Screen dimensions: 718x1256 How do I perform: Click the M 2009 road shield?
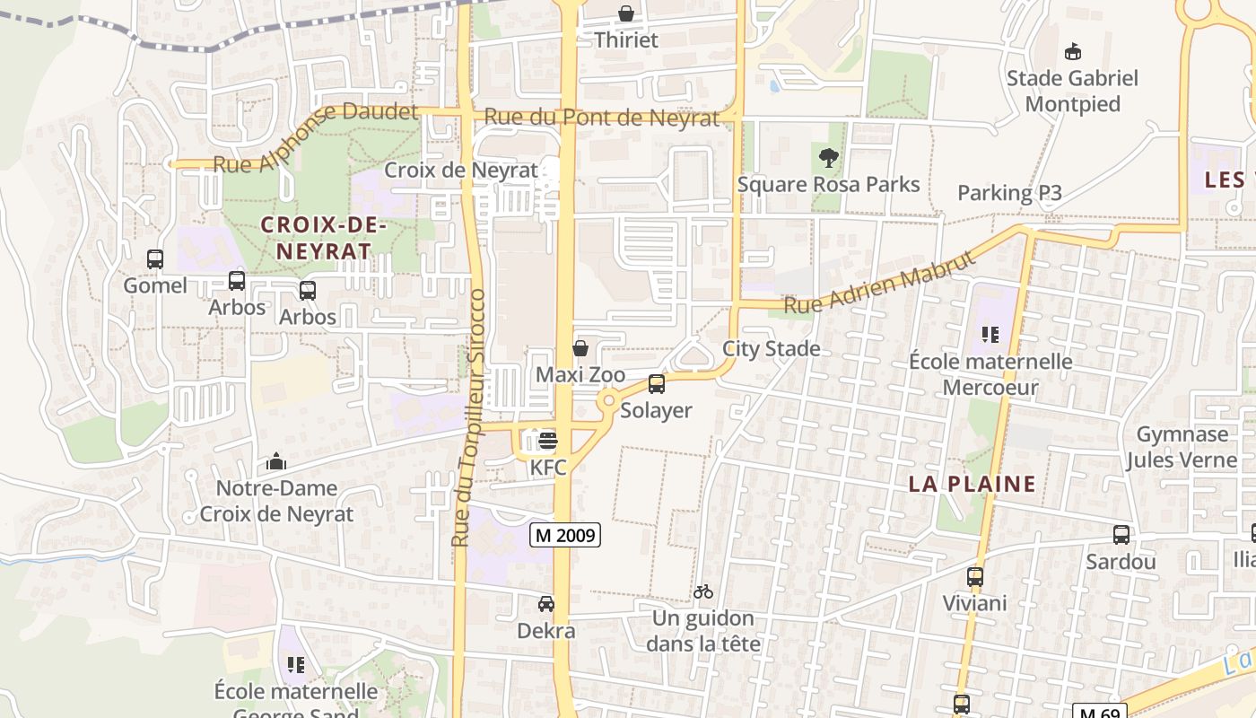click(564, 535)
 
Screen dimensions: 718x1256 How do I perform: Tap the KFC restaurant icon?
click(548, 440)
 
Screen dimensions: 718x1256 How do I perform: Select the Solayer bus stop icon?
click(657, 384)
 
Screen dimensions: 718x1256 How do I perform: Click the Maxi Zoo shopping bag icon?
click(580, 347)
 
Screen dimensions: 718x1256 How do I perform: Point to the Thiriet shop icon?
click(626, 13)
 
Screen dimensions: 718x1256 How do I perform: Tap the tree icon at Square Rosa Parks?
click(828, 158)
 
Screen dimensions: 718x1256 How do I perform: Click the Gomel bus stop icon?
click(155, 259)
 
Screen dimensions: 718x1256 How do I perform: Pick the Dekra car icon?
click(545, 604)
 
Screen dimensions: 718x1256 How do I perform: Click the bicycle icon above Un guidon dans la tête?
click(703, 591)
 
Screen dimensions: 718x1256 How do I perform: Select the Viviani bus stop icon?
click(975, 577)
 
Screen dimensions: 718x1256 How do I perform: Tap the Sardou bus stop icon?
click(1121, 535)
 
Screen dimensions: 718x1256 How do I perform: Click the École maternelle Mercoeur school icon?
click(990, 335)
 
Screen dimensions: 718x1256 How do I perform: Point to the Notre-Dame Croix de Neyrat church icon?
click(276, 462)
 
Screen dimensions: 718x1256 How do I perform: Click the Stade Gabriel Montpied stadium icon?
click(1072, 51)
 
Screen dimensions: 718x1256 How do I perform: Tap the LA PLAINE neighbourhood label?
click(973, 485)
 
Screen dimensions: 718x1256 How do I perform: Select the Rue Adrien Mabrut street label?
click(879, 283)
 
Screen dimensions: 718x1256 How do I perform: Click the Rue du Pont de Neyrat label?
click(602, 118)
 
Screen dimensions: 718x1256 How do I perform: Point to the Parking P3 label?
click(1009, 193)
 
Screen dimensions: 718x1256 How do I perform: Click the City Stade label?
click(772, 348)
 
